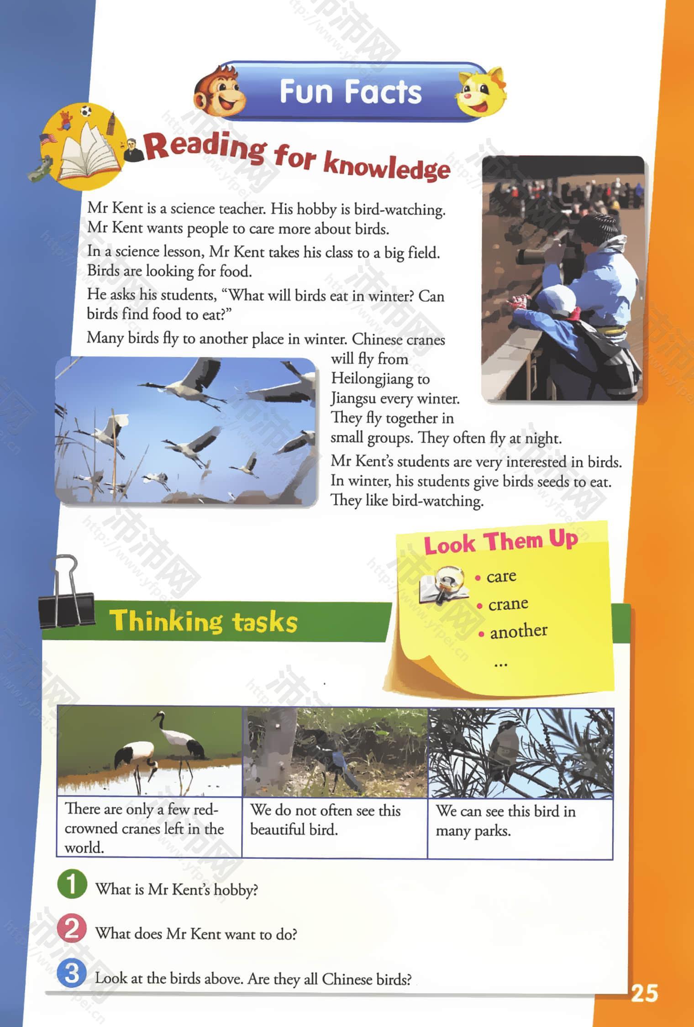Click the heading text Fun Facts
350,92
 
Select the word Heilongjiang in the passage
380,379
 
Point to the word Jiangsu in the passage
353,398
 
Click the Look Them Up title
500,542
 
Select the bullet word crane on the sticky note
508,604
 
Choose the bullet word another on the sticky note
518,631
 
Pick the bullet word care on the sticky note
501,577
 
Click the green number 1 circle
72,884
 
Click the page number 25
644,993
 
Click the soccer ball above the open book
85,111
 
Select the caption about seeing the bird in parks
505,821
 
